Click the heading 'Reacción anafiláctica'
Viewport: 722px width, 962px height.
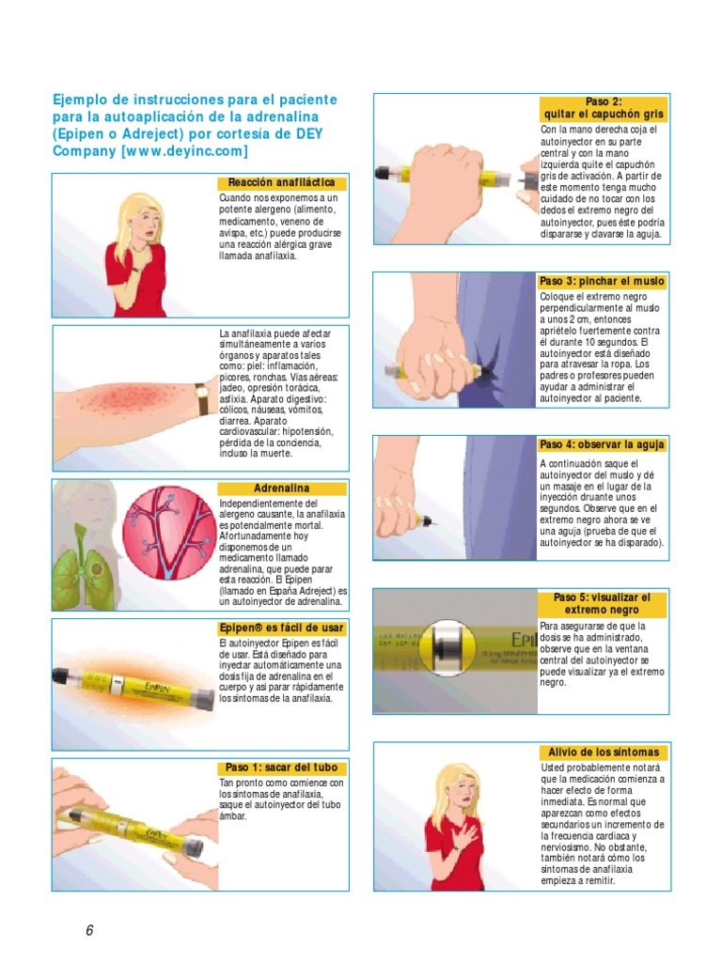[x=281, y=182]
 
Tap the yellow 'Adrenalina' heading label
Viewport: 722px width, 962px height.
[x=281, y=489]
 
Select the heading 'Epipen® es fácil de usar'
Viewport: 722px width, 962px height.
[x=281, y=628]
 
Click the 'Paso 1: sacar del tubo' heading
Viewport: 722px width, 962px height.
[x=281, y=768]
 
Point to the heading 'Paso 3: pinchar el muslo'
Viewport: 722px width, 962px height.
[x=602, y=281]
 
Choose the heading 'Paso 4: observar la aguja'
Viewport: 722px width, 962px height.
[x=602, y=444]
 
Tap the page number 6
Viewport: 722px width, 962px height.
[x=89, y=930]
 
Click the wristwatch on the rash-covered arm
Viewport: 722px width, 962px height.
[x=202, y=397]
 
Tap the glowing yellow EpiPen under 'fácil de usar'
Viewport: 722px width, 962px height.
[x=131, y=679]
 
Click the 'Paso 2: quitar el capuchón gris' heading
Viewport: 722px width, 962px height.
[x=604, y=107]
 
